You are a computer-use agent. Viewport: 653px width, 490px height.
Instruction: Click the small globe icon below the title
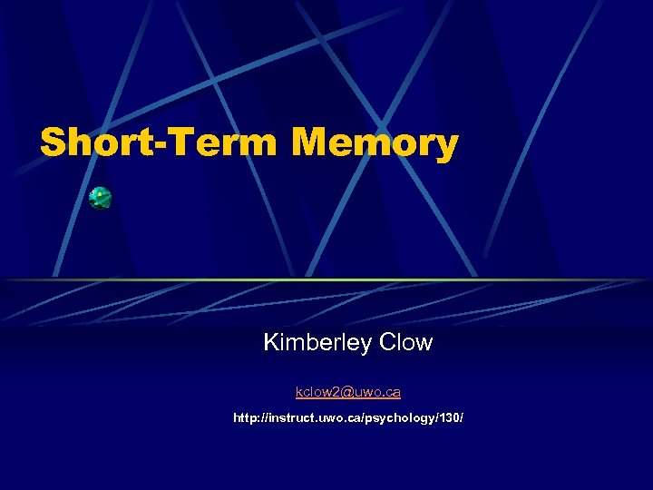(100, 199)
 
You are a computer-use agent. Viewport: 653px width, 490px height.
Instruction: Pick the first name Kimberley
(317, 343)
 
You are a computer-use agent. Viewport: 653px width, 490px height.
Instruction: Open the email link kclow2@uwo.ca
(347, 392)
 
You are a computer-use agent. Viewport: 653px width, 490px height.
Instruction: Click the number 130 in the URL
(448, 418)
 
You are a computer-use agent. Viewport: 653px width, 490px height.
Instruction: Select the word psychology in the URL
(399, 418)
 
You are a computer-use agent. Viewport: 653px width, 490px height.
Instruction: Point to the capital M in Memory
(314, 143)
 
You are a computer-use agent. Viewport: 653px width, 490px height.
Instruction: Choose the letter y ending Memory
(444, 147)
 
